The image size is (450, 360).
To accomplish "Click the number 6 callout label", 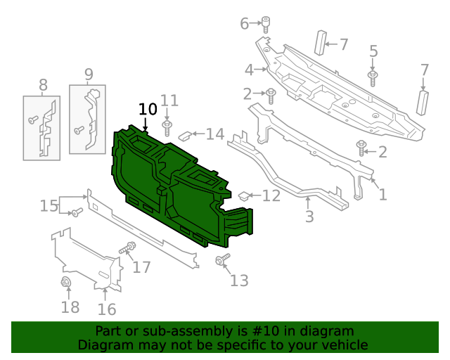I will [245, 24].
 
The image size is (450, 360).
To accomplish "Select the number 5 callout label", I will [373, 51].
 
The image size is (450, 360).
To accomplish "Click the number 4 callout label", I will [249, 70].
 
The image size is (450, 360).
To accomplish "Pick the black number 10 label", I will [148, 109].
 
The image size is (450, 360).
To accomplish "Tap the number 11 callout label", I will [169, 101].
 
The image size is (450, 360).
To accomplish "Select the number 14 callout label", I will [214, 134].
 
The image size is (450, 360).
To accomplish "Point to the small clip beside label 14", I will [185, 135].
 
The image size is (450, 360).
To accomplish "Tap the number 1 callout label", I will [383, 194].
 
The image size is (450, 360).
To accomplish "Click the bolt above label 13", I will [222, 261].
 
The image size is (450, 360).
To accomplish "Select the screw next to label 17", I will [129, 248].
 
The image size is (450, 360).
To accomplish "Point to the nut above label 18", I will [66, 283].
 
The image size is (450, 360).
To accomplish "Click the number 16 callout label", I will [107, 309].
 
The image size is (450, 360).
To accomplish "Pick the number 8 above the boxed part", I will [43, 86].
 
